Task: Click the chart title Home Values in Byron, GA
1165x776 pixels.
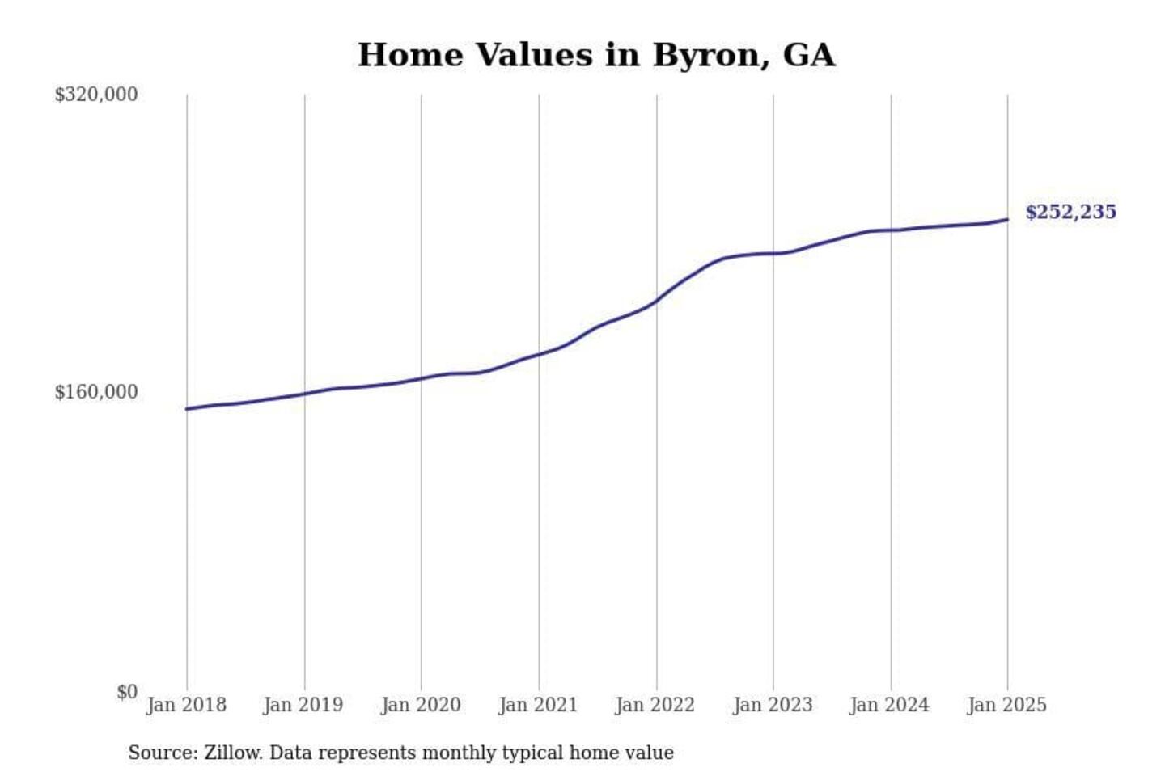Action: (x=596, y=55)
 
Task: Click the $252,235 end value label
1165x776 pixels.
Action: (x=1070, y=212)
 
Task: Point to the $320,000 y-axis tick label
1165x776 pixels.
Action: (x=95, y=95)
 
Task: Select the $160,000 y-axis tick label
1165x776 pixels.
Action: (x=95, y=392)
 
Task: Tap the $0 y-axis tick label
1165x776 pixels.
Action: (x=127, y=692)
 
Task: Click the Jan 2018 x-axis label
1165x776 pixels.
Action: (x=186, y=705)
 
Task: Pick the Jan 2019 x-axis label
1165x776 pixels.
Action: (x=303, y=705)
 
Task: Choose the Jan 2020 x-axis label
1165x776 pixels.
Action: (x=421, y=705)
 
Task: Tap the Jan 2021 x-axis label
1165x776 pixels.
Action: (x=538, y=705)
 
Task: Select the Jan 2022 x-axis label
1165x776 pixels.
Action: (x=655, y=705)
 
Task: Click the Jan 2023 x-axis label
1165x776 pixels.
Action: (x=773, y=705)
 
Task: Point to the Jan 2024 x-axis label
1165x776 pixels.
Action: (x=890, y=705)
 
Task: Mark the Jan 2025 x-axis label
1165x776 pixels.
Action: (x=1007, y=705)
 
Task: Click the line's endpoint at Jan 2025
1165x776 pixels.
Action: (x=1007, y=219)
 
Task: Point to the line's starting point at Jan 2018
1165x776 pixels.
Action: (x=187, y=409)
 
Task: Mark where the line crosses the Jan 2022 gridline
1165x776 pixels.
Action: (x=656, y=302)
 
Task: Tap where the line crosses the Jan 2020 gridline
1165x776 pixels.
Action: (x=421, y=379)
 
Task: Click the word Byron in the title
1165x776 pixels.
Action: (x=706, y=55)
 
